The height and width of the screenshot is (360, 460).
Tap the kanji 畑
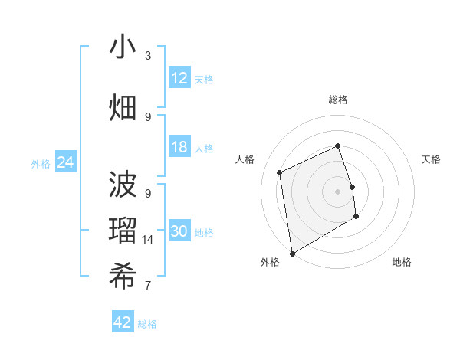coord(123,107)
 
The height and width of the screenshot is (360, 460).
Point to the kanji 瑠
coord(123,231)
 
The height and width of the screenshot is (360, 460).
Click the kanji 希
coord(123,277)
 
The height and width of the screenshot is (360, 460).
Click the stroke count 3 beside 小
coord(148,56)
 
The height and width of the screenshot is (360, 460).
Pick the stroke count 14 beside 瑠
coord(148,240)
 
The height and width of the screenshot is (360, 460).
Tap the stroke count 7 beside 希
coord(148,286)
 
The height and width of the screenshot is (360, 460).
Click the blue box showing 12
coord(179,78)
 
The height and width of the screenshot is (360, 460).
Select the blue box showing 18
coord(179,148)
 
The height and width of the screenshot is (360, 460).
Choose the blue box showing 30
coord(179,231)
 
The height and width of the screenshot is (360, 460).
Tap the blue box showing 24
coord(65,162)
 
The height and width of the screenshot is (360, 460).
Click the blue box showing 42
coord(123,322)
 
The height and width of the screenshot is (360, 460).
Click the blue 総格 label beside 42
coord(147,324)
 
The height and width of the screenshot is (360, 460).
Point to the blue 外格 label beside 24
coord(41,163)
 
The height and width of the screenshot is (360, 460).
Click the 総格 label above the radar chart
coord(338,100)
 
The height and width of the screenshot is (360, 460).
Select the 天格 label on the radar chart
coord(431,159)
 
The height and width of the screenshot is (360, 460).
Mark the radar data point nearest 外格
coord(292,253)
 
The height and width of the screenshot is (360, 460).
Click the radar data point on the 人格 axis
coord(280,172)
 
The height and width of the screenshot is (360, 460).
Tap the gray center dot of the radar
coord(338,191)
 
